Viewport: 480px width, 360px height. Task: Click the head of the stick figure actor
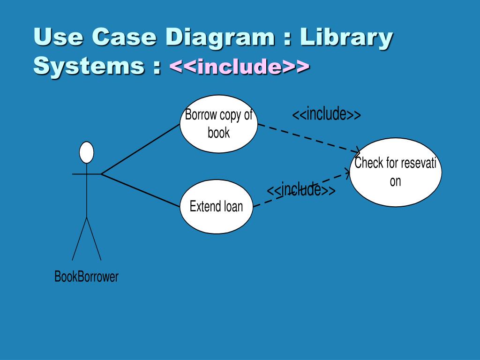[x=86, y=152]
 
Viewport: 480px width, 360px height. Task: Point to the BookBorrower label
[x=87, y=277]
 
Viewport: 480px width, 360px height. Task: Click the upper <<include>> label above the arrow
[x=326, y=114]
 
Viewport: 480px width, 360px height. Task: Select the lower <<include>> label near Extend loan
[x=301, y=190]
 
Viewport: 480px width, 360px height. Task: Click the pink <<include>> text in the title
[x=239, y=67]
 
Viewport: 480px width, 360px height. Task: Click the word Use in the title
[x=58, y=37]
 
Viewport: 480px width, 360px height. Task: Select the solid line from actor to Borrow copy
[x=141, y=149]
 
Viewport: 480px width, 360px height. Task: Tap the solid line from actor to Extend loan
[x=141, y=190]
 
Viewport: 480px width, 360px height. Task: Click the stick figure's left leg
[x=79, y=239]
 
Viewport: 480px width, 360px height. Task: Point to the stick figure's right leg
[x=94, y=239]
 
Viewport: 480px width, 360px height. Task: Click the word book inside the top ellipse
[x=219, y=133]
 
